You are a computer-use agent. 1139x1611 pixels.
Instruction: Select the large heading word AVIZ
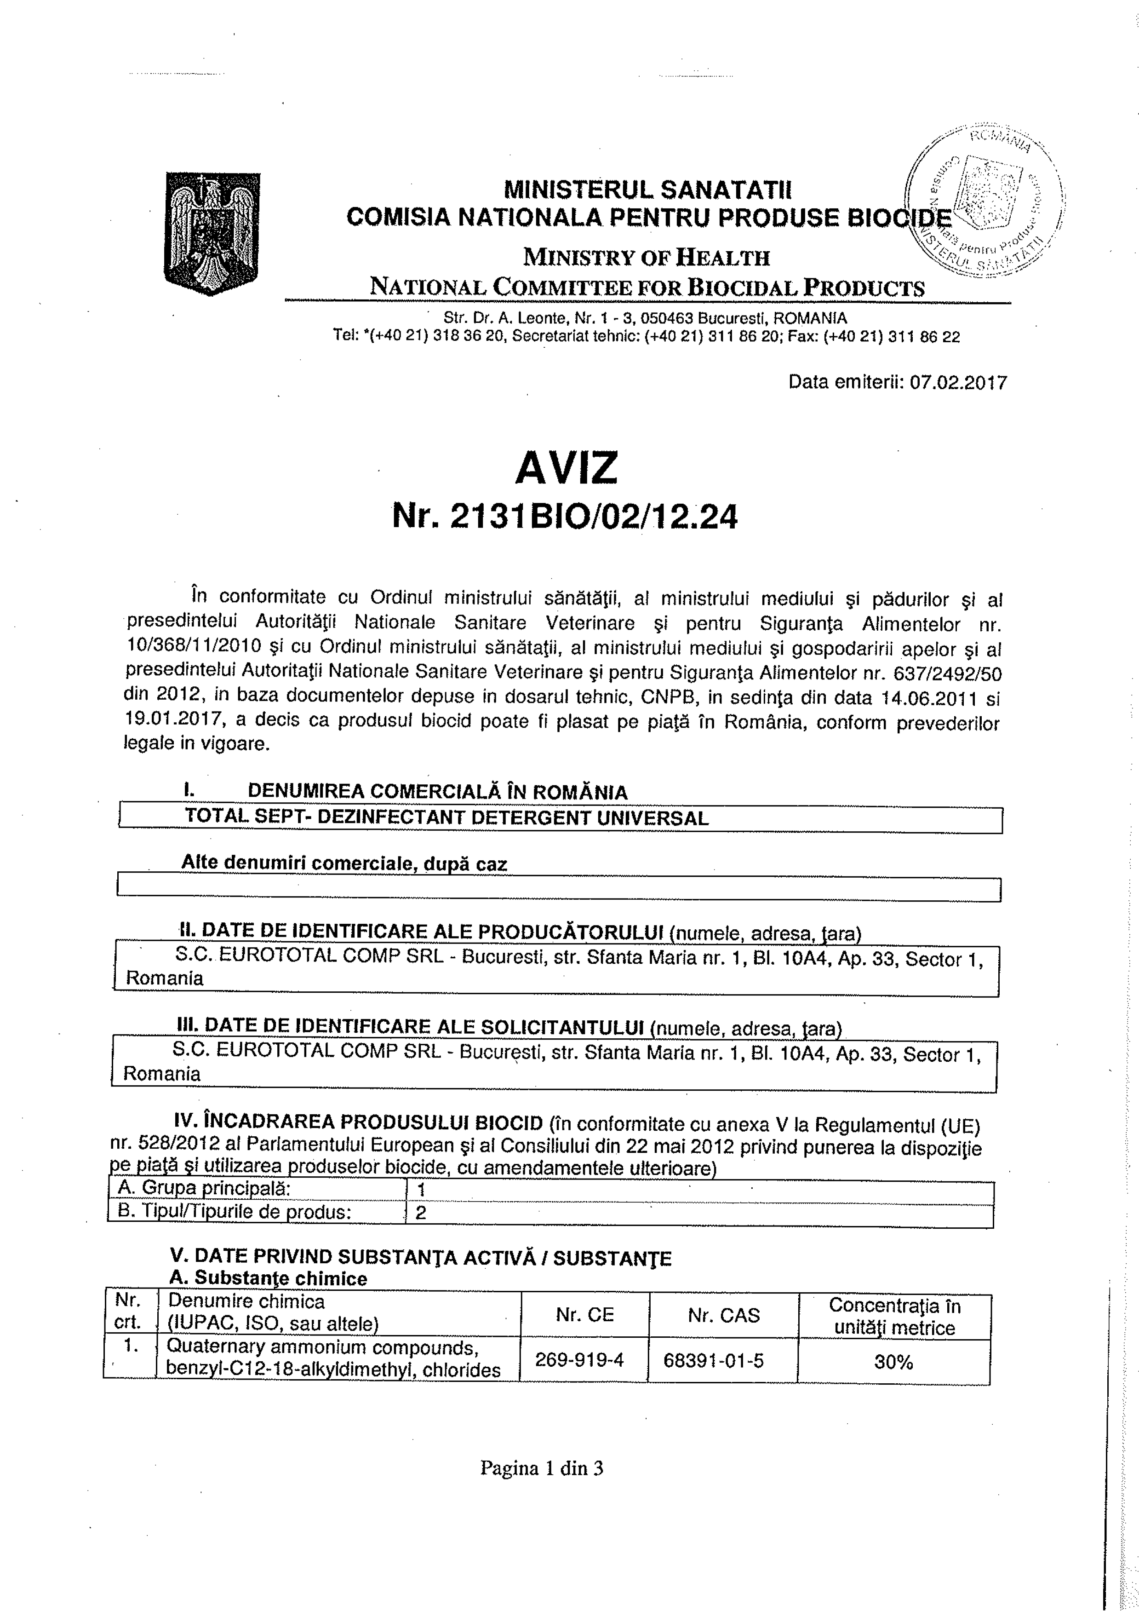(x=566, y=467)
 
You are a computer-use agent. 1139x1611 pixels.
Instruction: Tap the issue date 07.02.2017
(x=958, y=382)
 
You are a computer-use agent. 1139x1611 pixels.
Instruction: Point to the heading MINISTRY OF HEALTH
(x=646, y=258)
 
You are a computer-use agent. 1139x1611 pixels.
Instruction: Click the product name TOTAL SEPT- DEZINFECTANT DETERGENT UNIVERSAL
(x=446, y=817)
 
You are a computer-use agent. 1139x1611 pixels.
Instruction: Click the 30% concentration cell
(x=893, y=1363)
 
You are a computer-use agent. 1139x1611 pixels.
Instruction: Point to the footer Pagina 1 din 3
(x=541, y=1468)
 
